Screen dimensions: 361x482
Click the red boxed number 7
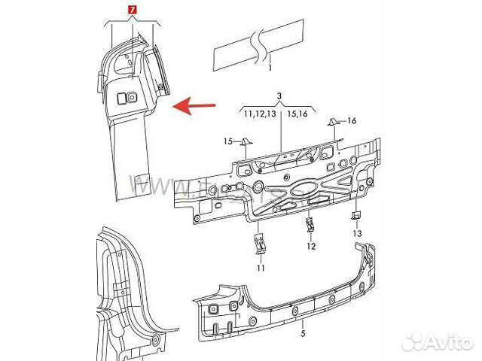click(133, 9)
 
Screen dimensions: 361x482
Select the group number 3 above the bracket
click(279, 96)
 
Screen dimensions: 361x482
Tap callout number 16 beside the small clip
click(351, 121)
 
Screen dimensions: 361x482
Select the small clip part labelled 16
click(331, 121)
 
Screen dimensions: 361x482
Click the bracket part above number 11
click(261, 244)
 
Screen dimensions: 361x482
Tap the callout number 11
click(261, 268)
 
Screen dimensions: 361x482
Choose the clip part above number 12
click(310, 224)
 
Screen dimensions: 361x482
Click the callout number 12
click(310, 246)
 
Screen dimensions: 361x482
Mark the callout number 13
click(357, 235)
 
